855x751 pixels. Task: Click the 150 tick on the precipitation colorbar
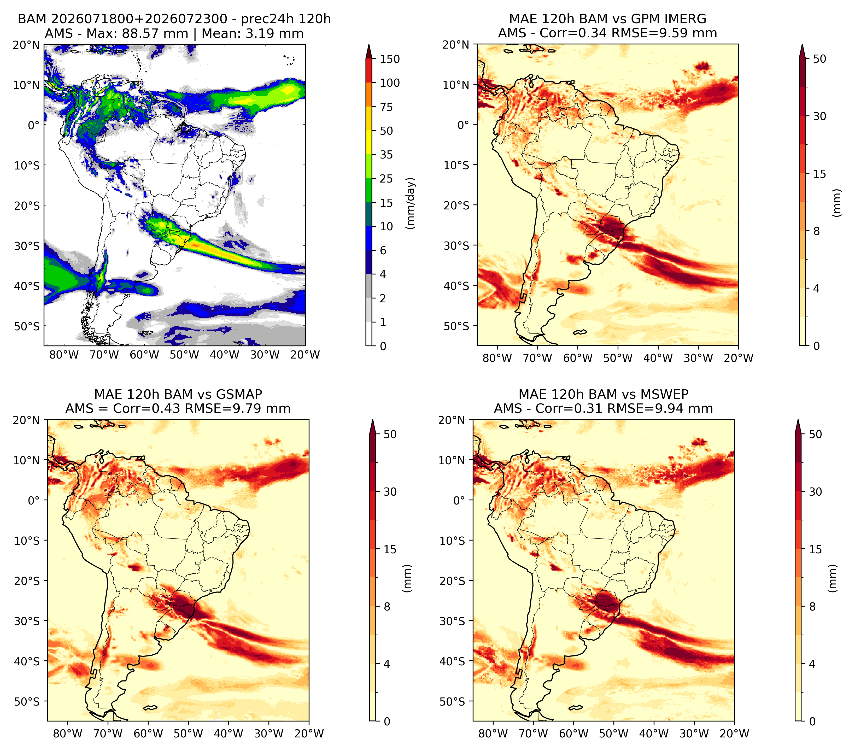(389, 59)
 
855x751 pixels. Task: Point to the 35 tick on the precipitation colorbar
(386, 155)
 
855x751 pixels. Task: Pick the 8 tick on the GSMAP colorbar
(387, 606)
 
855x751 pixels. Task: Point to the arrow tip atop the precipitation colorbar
(368, 44)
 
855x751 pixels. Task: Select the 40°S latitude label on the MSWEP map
(452, 661)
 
